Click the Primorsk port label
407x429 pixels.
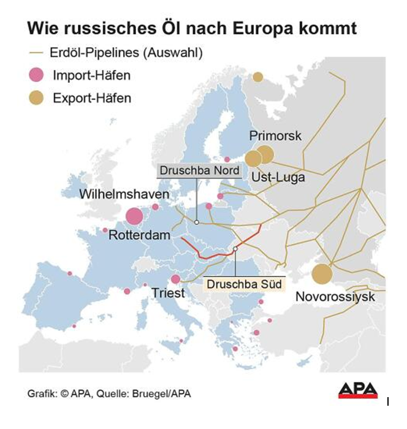click(x=276, y=136)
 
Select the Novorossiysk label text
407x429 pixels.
click(x=335, y=297)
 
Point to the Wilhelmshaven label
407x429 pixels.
click(x=124, y=194)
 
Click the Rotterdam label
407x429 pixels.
click(x=139, y=234)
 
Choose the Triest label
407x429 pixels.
click(x=167, y=294)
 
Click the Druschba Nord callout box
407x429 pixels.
click(x=199, y=170)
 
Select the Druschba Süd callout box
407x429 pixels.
click(x=235, y=284)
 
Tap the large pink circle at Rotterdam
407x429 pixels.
click(x=134, y=216)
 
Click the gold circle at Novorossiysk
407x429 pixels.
click(x=322, y=273)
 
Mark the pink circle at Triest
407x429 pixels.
click(x=175, y=279)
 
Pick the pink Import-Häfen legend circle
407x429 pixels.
click(x=37, y=76)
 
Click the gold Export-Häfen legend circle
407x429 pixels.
click(x=37, y=98)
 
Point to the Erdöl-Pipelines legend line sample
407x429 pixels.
click(x=36, y=53)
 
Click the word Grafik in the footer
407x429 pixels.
click(x=40, y=393)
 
